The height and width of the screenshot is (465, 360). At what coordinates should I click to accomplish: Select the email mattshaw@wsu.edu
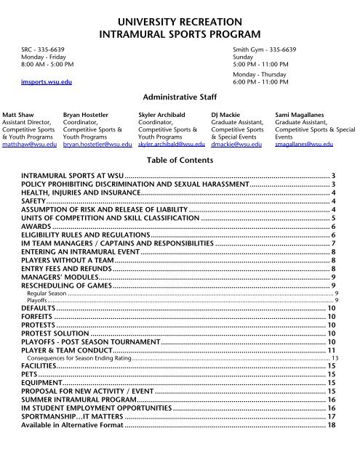(x=30, y=145)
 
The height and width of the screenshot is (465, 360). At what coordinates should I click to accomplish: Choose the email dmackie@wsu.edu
(x=236, y=145)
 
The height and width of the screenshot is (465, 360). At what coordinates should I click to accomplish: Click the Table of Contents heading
(x=179, y=161)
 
